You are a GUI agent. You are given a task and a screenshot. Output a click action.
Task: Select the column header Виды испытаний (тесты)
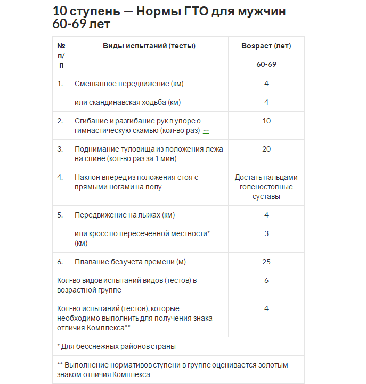click(x=149, y=46)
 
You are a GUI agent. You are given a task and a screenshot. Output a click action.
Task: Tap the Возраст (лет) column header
click(x=266, y=46)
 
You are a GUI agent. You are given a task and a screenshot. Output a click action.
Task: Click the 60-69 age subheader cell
click(x=266, y=65)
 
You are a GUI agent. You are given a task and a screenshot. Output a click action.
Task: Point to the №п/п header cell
click(x=61, y=55)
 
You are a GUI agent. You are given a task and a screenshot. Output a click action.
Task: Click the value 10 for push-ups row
click(x=266, y=121)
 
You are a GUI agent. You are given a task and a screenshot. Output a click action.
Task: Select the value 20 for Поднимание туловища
click(x=266, y=149)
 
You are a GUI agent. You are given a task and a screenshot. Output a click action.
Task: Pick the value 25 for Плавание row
click(x=266, y=262)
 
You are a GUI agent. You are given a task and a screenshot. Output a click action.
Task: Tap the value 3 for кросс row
click(x=266, y=233)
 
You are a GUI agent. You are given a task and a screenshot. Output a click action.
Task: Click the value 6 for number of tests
click(x=266, y=280)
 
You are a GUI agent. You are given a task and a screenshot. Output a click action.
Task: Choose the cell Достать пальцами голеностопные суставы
click(x=266, y=187)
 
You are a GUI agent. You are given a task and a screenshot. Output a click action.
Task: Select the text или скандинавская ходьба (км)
click(x=132, y=102)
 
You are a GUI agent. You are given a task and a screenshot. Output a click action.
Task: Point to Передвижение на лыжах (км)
click(x=125, y=215)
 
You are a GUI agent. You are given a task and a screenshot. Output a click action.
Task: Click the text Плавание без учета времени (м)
click(x=130, y=262)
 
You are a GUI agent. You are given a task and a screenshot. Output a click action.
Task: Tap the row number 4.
click(x=60, y=177)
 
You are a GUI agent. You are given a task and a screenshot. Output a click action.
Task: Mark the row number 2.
click(x=60, y=121)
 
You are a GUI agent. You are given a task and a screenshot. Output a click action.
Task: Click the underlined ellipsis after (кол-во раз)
click(x=206, y=131)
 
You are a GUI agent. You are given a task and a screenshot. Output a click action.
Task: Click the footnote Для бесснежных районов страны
click(x=119, y=346)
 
